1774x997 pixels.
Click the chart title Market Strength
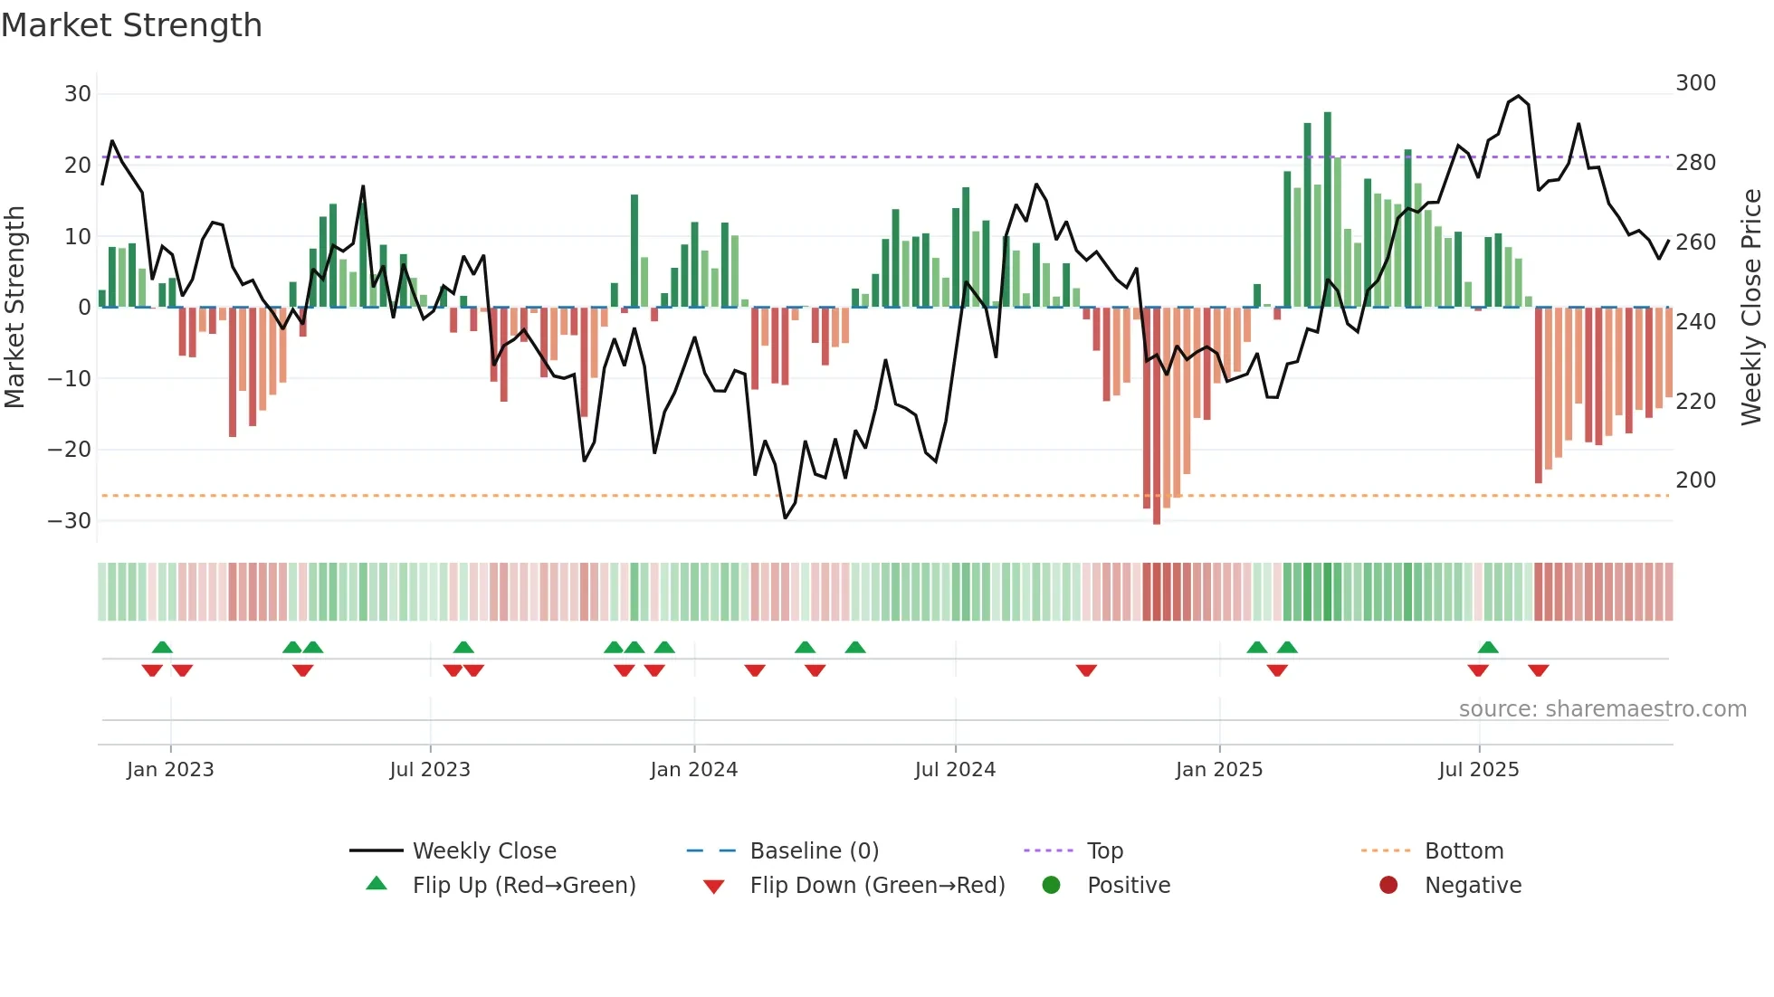[x=131, y=25]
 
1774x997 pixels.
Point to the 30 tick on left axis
[x=78, y=94]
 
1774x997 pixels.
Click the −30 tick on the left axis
[x=71, y=521]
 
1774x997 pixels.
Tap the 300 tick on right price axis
[x=1695, y=83]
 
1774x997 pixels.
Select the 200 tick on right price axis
[x=1695, y=480]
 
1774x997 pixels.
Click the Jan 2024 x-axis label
[x=693, y=770]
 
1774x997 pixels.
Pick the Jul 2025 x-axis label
[x=1478, y=770]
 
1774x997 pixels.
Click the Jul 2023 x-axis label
[x=430, y=770]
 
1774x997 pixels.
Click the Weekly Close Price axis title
[x=1751, y=308]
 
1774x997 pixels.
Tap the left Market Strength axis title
[x=15, y=308]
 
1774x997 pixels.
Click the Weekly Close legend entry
[x=483, y=851]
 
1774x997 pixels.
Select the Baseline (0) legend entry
[x=814, y=851]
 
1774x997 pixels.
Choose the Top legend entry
[x=1104, y=851]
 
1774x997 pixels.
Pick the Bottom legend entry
[x=1464, y=851]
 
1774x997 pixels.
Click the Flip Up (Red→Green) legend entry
[x=523, y=886]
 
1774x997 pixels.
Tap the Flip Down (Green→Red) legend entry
[x=876, y=886]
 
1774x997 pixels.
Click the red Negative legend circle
[x=1388, y=886]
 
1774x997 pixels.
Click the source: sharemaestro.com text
[x=1602, y=709]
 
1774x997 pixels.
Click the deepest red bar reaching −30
[x=1157, y=416]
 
